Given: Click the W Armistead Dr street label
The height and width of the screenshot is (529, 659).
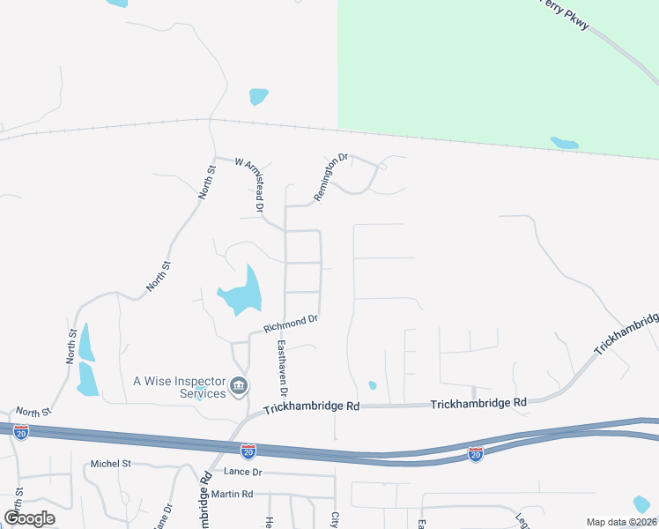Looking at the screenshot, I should point(249,185).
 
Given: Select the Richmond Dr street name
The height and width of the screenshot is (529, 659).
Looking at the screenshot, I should point(291,324).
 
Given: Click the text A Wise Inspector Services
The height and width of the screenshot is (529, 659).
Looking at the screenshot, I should point(179,387).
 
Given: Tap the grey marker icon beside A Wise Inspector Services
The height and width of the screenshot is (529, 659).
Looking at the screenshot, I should point(239,386).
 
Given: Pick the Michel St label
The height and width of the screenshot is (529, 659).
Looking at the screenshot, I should point(110,464).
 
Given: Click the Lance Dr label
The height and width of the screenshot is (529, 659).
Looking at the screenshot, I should point(243,473).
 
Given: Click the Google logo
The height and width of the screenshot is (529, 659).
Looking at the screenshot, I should point(29,518).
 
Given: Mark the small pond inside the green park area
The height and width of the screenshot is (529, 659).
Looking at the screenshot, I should point(564,143).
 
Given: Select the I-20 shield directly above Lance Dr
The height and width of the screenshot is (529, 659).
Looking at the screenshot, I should point(248,451).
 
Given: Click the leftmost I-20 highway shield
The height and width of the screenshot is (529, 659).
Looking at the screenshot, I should point(21,431).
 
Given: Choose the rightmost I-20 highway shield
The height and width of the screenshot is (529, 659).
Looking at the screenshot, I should point(475,453).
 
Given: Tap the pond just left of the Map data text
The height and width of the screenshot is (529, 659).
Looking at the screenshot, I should point(641,504).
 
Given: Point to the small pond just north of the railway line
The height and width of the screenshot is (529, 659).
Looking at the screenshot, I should point(258,95).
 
